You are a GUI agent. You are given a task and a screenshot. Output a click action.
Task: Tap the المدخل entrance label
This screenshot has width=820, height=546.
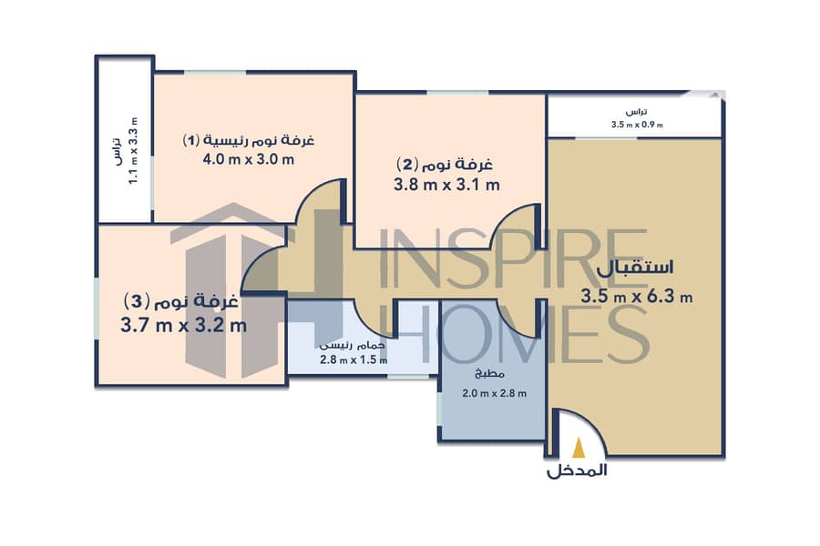tap(577, 470)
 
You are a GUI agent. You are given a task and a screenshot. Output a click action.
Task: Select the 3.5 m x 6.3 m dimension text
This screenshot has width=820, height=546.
tap(637, 297)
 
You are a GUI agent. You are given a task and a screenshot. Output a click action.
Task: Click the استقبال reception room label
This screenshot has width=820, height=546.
tap(635, 268)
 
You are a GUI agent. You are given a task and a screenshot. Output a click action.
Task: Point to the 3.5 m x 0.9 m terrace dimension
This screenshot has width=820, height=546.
tap(637, 125)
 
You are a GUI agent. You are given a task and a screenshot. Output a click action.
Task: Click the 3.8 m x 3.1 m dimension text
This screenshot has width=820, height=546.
tap(446, 185)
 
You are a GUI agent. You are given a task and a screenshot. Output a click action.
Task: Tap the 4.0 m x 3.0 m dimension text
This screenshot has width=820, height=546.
tap(249, 159)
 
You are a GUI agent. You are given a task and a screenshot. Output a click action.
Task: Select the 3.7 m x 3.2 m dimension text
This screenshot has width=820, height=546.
tap(183, 326)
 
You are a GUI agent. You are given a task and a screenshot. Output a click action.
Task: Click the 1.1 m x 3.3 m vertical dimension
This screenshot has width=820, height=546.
tap(133, 150)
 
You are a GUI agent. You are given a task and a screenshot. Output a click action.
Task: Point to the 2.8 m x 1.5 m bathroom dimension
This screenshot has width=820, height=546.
tap(354, 360)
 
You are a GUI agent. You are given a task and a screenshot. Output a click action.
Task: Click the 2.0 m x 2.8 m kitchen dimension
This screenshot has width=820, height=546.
tap(494, 393)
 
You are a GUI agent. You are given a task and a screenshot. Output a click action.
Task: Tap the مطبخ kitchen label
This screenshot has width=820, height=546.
tap(489, 374)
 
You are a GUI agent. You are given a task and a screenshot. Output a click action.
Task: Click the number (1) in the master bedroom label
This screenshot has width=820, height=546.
tap(191, 140)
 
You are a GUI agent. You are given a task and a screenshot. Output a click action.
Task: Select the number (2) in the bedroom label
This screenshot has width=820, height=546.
tap(408, 164)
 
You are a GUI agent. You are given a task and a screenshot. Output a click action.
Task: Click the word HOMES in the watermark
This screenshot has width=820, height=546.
tap(515, 334)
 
